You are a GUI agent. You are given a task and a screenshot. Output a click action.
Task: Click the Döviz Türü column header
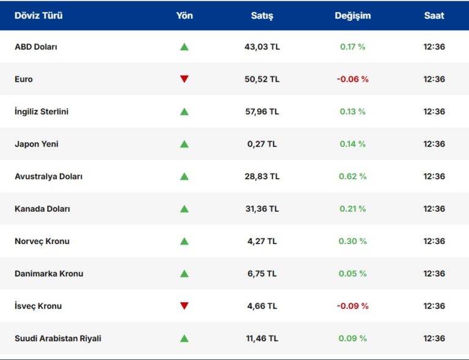coord(38,16)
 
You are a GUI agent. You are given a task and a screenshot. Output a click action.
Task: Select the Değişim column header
coord(352,16)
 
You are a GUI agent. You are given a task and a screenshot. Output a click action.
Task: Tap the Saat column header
coord(434,16)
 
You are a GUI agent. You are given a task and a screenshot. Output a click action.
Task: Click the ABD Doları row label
coord(36,47)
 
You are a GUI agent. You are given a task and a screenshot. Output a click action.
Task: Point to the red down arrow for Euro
coord(184,79)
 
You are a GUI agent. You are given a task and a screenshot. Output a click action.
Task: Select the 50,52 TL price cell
coord(262,79)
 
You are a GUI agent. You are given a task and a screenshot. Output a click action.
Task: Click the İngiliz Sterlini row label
coord(42,112)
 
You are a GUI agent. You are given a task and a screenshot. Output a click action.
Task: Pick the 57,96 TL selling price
coord(262,112)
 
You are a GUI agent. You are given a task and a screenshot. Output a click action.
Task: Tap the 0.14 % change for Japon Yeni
coord(352,144)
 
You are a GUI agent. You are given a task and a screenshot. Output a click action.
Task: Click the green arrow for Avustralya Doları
coord(184,176)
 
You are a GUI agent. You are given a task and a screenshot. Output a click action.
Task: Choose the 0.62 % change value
coord(352,176)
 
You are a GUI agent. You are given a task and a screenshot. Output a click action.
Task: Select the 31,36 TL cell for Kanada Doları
coord(262,209)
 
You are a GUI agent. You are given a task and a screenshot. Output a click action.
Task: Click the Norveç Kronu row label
coord(42,241)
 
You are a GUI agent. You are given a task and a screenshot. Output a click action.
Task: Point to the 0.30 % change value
coord(352,241)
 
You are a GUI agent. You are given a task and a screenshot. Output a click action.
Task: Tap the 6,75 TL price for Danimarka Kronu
coord(262,273)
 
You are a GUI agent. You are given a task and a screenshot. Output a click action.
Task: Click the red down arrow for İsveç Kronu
coord(184,306)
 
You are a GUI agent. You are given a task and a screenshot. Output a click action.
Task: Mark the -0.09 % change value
coord(352,306)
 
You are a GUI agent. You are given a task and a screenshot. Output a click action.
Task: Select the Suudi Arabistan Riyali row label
coord(58,338)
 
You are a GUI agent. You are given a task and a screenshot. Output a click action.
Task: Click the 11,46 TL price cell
coord(262,338)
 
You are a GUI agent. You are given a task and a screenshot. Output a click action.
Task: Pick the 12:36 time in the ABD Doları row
coord(434,47)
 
